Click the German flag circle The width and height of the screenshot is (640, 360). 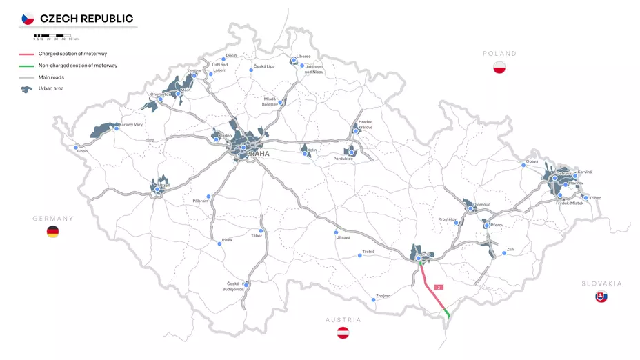(52, 232)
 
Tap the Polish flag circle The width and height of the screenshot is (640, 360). (500, 68)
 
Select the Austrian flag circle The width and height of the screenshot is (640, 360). (343, 333)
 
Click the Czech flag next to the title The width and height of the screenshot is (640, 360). (28, 19)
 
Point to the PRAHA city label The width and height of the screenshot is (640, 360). (257, 154)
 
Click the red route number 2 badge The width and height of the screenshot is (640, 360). (438, 286)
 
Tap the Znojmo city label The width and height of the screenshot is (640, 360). (383, 296)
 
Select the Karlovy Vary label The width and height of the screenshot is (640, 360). (131, 125)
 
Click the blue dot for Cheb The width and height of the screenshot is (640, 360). (76, 147)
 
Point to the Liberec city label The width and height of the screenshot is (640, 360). (303, 56)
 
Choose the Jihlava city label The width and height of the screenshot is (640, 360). (343, 237)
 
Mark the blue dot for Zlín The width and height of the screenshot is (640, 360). (504, 253)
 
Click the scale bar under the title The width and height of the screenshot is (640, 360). (52, 35)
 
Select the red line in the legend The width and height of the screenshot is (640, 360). (27, 54)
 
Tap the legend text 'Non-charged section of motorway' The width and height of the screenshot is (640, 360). (78, 66)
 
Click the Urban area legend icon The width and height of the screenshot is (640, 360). (27, 89)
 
